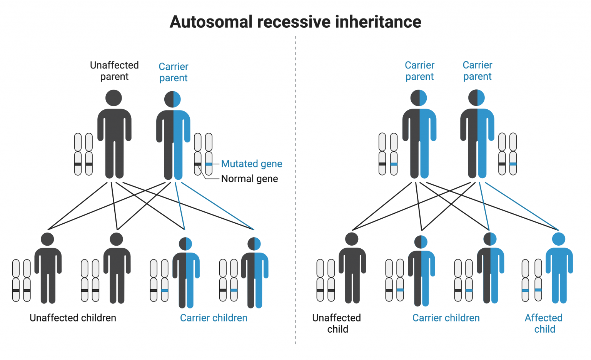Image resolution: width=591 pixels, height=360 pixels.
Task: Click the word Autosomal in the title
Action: pyautogui.click(x=211, y=22)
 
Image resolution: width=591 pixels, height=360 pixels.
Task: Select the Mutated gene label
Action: pyautogui.click(x=252, y=164)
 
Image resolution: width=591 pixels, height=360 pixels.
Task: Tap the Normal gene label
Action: pyautogui.click(x=249, y=179)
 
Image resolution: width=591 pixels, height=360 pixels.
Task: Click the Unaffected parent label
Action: pyautogui.click(x=114, y=71)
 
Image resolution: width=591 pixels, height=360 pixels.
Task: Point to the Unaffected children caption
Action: pyautogui.click(x=73, y=318)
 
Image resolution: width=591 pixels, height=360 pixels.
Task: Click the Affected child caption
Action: pyautogui.click(x=544, y=323)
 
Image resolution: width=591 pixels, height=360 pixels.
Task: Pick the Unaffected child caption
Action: pyautogui.click(x=337, y=323)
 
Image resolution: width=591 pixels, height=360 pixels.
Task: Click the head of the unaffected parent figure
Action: pyautogui.click(x=114, y=98)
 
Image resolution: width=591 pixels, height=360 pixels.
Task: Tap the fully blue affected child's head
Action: pyautogui.click(x=558, y=239)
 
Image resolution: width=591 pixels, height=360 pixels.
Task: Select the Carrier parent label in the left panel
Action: pyautogui.click(x=174, y=72)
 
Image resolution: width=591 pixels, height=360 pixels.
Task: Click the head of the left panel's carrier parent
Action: pyautogui.click(x=173, y=99)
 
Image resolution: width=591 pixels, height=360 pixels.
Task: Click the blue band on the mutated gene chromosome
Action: pyautogui.click(x=209, y=164)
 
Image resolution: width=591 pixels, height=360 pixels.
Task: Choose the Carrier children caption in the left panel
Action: pyautogui.click(x=214, y=318)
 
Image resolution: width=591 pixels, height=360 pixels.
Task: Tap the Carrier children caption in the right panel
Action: pyautogui.click(x=446, y=318)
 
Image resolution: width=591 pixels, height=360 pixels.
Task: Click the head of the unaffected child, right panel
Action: pyautogui.click(x=352, y=239)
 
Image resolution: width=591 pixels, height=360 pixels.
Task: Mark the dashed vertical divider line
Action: pyautogui.click(x=295, y=193)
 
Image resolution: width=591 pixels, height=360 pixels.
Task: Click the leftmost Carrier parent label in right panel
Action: pyautogui.click(x=419, y=71)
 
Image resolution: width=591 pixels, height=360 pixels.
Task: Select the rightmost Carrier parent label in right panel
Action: pyautogui.click(x=477, y=71)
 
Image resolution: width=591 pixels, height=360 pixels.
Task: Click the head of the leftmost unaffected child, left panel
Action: pyautogui.click(x=47, y=239)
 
